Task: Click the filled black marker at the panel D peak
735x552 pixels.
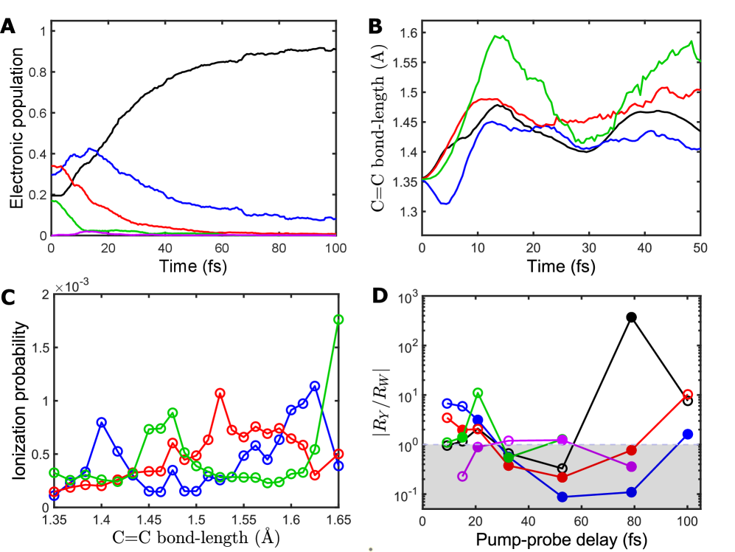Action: [631, 317]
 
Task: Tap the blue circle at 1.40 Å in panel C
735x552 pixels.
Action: [102, 422]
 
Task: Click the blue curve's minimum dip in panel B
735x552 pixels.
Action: [445, 203]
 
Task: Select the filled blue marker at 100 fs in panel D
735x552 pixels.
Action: [688, 434]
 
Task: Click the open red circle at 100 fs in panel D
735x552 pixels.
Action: [688, 395]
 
